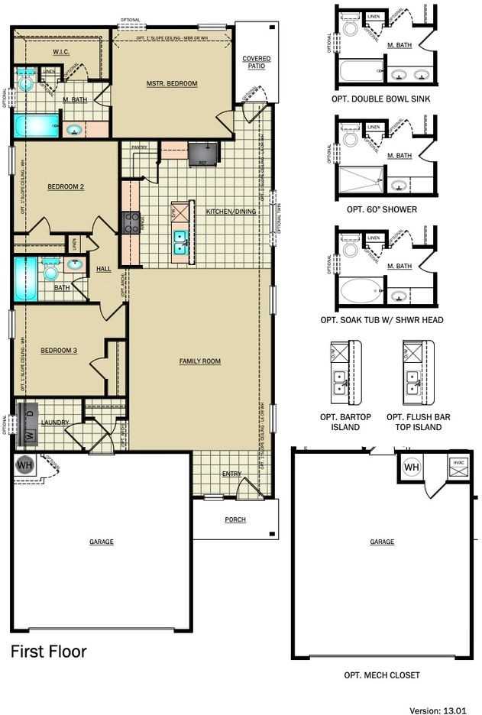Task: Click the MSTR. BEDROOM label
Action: click(172, 83)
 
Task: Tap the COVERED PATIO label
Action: click(257, 63)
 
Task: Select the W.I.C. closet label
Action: click(62, 52)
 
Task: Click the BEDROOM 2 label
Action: click(65, 186)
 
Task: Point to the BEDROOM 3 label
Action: click(58, 351)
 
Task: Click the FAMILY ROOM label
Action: click(200, 361)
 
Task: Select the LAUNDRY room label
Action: click(56, 422)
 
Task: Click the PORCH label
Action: click(235, 519)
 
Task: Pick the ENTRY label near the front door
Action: click(231, 474)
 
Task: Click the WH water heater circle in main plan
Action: click(25, 465)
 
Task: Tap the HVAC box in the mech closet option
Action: click(458, 467)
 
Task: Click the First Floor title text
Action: click(48, 652)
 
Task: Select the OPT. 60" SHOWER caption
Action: click(381, 209)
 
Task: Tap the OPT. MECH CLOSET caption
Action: click(381, 675)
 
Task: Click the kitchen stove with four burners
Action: click(132, 222)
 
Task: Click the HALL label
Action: click(103, 269)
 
